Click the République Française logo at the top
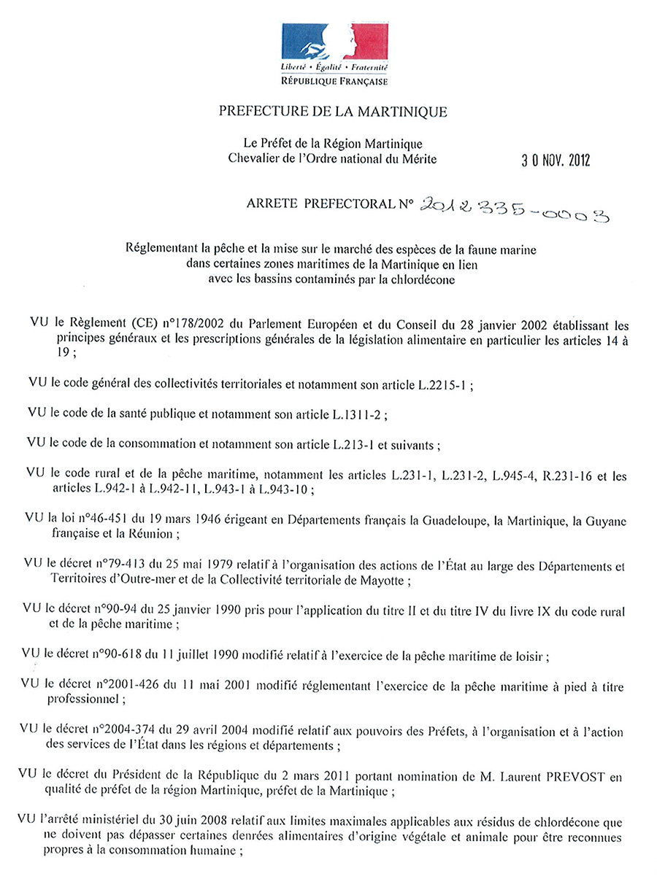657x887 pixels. [x=334, y=55]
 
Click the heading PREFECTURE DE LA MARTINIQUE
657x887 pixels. [x=332, y=112]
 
